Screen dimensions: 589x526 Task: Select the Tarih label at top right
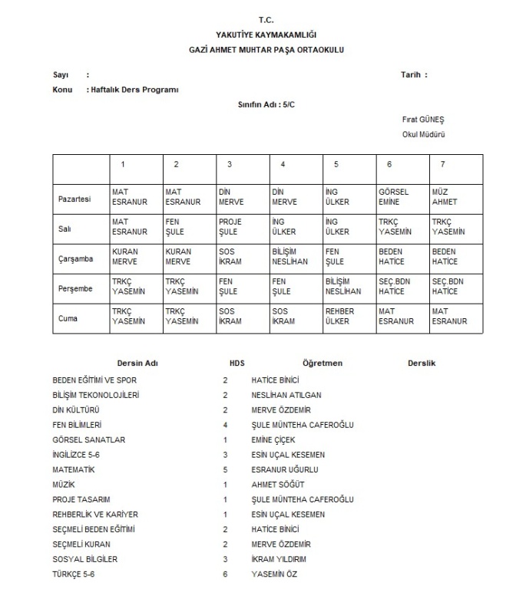pos(414,74)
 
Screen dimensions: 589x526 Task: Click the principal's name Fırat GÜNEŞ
pos(423,120)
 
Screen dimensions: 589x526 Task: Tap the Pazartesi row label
pos(74,198)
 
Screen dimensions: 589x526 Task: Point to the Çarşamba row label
pos(75,258)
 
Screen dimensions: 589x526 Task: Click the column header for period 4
pos(283,165)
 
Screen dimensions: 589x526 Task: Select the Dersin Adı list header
pos(137,364)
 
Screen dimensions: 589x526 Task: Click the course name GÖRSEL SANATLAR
pos(88,439)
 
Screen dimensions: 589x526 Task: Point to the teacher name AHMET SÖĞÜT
pos(277,484)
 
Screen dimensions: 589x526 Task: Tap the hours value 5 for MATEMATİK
pos(226,469)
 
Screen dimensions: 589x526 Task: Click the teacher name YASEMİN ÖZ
pos(274,574)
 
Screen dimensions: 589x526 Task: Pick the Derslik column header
pos(422,364)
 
